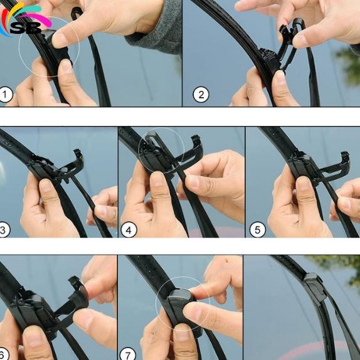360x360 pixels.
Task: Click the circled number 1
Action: (7, 95)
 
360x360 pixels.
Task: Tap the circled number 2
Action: (201, 95)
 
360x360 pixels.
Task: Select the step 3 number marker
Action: (3, 230)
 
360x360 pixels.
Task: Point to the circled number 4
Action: (128, 230)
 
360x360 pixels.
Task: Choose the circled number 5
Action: (257, 230)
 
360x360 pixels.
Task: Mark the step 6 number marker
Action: (3, 354)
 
